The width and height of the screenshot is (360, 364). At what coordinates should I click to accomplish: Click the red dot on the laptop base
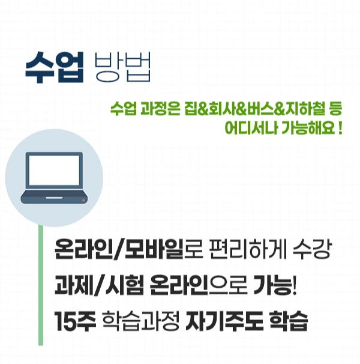tap(83, 199)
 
